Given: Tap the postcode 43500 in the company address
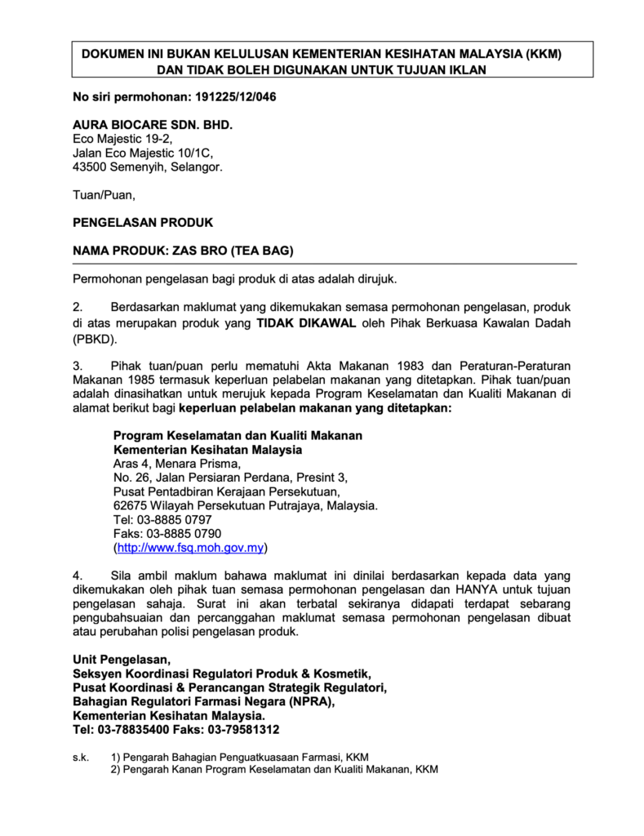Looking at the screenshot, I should pos(90,167).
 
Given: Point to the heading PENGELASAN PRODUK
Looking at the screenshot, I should pos(143,222).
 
